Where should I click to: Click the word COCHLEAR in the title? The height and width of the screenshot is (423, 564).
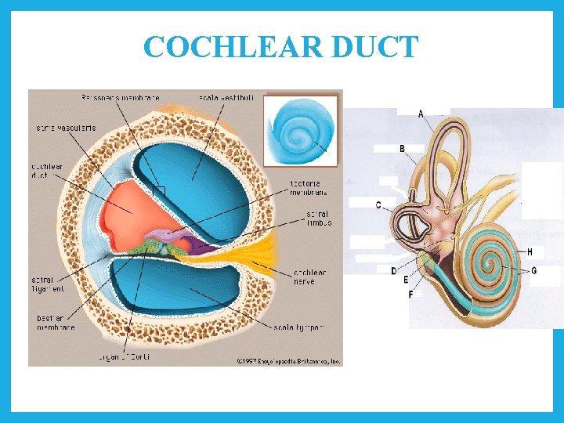233,48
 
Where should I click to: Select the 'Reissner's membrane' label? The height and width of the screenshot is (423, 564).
121,98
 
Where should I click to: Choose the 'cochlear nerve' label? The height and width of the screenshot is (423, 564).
310,277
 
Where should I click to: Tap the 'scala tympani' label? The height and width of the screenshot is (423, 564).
299,326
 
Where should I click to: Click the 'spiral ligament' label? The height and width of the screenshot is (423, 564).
47,284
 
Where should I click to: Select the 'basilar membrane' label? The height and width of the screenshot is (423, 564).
56,323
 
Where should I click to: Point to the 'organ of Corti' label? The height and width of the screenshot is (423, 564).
124,356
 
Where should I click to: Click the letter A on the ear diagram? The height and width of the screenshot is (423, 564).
421,114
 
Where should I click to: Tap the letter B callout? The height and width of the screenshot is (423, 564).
402,148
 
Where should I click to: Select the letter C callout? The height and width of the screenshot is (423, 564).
378,205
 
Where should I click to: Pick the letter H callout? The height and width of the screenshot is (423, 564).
530,252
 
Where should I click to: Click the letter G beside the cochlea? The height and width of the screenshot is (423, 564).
533,270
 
